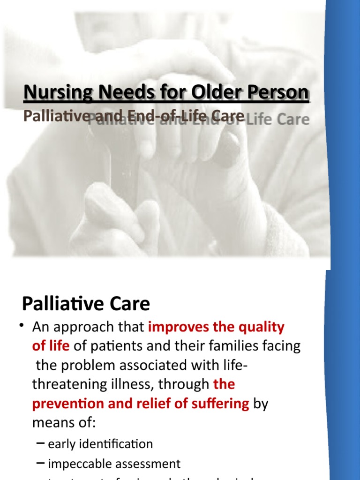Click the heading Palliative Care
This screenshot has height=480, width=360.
[86, 304]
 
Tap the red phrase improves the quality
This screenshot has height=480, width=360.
[216, 327]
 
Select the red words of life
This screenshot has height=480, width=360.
[51, 346]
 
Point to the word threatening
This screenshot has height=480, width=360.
[68, 384]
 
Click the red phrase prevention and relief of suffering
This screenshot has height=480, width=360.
[141, 404]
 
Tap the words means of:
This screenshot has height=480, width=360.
[64, 423]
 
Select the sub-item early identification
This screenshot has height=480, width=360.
[100, 444]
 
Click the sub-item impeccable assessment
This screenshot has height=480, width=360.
[114, 464]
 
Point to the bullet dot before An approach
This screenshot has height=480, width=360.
[22, 327]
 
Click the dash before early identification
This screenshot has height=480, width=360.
[41, 443]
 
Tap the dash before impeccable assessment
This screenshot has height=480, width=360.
[41, 463]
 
